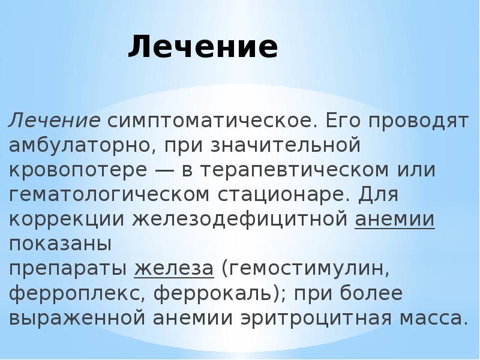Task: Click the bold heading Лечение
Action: click(203, 47)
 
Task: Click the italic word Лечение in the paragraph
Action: click(53, 121)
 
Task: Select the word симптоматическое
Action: click(211, 121)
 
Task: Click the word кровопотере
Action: click(74, 170)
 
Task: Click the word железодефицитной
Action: click(239, 220)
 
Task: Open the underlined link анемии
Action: click(395, 220)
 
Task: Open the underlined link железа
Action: click(174, 269)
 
